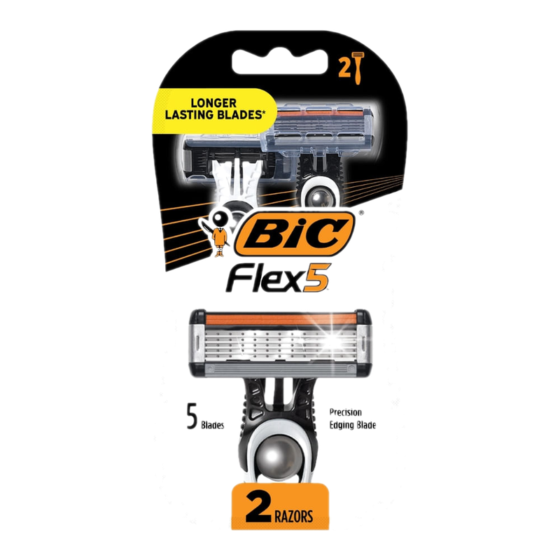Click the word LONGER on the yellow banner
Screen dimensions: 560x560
(x=213, y=103)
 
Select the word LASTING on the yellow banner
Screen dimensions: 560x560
(x=191, y=115)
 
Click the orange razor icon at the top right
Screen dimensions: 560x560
(x=358, y=68)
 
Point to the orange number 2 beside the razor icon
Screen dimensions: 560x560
(x=344, y=69)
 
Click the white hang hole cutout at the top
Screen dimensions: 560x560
(x=279, y=61)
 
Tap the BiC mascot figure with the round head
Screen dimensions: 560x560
(x=217, y=232)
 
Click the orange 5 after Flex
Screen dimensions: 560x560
(x=317, y=277)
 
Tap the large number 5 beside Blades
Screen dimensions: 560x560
(x=192, y=416)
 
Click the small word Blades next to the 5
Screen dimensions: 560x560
(x=213, y=425)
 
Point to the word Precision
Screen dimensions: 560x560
(x=345, y=412)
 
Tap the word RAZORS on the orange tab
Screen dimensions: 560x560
(x=293, y=517)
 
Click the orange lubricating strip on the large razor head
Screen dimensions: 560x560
(x=281, y=318)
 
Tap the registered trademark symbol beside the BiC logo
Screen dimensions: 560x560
(x=360, y=213)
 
